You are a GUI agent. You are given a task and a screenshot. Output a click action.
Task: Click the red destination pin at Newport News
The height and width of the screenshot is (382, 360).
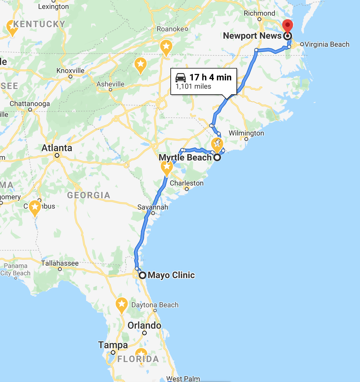point(288,25)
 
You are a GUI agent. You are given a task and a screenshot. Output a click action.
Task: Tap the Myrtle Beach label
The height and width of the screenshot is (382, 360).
point(185,157)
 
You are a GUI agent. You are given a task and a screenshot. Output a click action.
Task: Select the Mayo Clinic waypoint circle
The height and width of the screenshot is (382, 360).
point(143,275)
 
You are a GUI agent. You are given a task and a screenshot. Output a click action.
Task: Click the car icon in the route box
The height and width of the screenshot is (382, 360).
point(181,77)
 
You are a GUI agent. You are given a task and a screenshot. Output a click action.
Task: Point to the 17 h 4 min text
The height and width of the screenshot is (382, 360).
point(210,77)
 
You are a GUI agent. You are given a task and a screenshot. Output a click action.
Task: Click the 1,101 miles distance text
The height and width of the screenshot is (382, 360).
point(193,87)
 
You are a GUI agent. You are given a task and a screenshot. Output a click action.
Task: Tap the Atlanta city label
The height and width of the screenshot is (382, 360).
point(57,148)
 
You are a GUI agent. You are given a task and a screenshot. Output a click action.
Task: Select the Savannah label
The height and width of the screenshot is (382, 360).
point(153,207)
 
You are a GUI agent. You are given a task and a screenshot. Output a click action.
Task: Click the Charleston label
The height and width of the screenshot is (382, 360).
point(187,183)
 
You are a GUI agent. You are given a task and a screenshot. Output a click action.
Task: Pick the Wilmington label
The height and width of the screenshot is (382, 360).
point(246,133)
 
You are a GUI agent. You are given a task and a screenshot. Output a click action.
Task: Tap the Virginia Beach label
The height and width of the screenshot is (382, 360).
point(327,44)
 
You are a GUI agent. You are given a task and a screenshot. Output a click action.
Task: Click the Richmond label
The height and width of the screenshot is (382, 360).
point(259,13)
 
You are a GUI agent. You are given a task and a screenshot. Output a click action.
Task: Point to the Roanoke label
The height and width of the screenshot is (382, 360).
point(170,29)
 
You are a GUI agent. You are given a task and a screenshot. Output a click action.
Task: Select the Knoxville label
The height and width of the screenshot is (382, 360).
point(70,71)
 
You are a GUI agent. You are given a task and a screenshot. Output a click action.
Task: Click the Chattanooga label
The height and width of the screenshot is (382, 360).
point(30,104)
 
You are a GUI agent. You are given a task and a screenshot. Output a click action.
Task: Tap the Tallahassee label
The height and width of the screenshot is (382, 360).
point(60,263)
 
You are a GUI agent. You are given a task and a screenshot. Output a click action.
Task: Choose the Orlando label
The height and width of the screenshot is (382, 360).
point(144,325)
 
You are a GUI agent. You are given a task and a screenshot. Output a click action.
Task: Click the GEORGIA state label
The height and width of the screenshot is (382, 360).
point(89,195)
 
